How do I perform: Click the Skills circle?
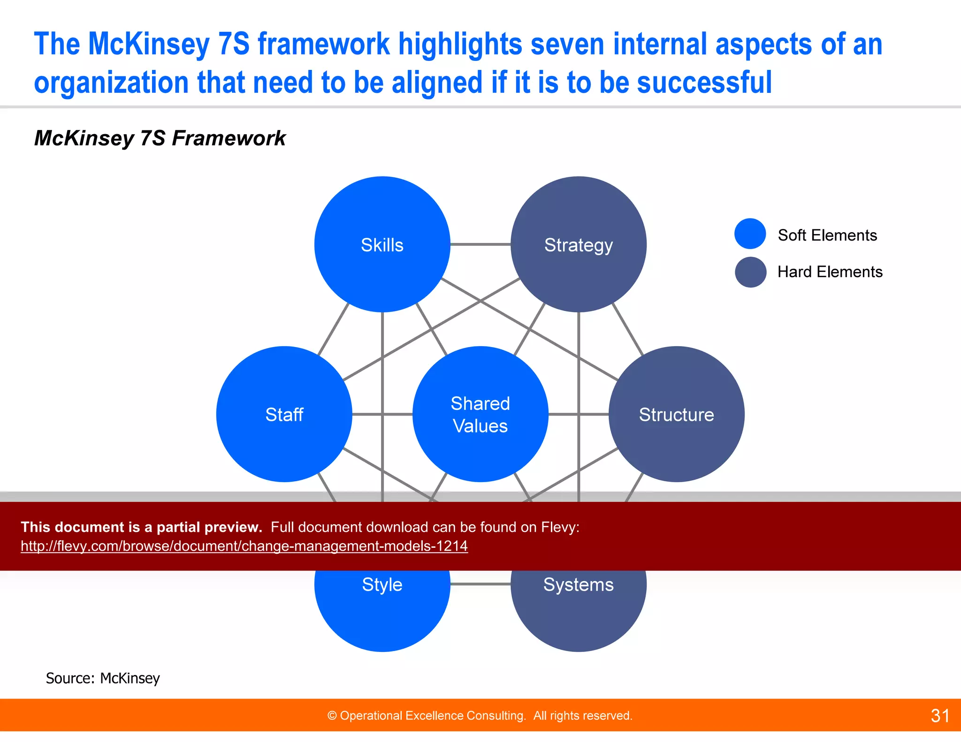point(382,244)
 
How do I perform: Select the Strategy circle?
point(578,244)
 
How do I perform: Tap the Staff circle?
point(284,414)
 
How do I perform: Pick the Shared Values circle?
point(480,414)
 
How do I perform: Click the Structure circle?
point(676,414)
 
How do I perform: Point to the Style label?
point(382,585)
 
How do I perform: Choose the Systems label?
point(578,585)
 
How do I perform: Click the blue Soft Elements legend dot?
point(750,234)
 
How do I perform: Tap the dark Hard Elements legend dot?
point(750,272)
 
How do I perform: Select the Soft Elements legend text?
point(827,235)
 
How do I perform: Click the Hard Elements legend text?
point(830,272)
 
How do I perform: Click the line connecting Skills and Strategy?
point(480,244)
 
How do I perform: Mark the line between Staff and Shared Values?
point(382,414)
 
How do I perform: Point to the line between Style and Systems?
point(480,584)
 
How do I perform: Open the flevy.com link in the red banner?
point(244,546)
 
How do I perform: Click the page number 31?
point(940,716)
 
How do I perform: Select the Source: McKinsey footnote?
point(103,678)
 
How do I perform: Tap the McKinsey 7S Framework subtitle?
point(160,138)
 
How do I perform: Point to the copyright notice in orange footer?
point(480,716)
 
